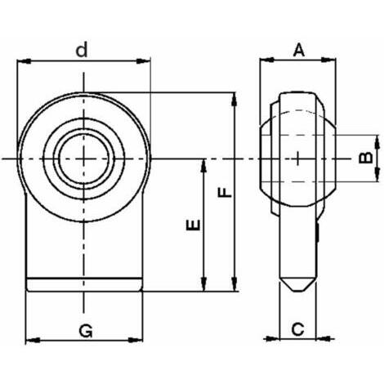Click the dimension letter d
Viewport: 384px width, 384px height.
pyautogui.click(x=82, y=49)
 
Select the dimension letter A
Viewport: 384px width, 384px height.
pyautogui.click(x=299, y=51)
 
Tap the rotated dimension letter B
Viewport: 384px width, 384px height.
pyautogui.click(x=366, y=158)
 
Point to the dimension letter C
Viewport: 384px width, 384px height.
pyautogui.click(x=297, y=329)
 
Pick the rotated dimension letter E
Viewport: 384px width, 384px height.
pyautogui.click(x=193, y=225)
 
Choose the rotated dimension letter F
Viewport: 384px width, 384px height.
pyautogui.click(x=225, y=192)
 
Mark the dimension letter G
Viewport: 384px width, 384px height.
pyautogui.click(x=86, y=331)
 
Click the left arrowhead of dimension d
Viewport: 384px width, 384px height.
pyautogui.click(x=24, y=61)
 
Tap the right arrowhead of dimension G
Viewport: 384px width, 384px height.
pyautogui.click(x=136, y=340)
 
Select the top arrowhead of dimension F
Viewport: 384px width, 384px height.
pyautogui.click(x=234, y=100)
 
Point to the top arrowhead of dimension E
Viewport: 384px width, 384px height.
pyautogui.click(x=203, y=165)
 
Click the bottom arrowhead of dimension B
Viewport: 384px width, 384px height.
pyautogui.click(x=377, y=174)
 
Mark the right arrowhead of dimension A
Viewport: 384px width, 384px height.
pyautogui.click(x=328, y=60)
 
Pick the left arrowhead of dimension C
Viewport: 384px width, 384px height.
pyautogui.click(x=273, y=339)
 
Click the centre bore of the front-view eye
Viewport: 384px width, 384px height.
pyautogui.click(x=83, y=159)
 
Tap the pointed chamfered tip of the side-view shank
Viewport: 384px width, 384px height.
pyautogui.click(x=298, y=285)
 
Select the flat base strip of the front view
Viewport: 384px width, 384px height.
pyautogui.click(x=84, y=285)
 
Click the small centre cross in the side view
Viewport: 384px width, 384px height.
pyautogui.click(x=298, y=159)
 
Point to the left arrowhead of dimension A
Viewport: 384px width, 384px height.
pyautogui.click(x=267, y=60)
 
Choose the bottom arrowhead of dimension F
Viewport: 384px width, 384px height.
pyautogui.click(x=234, y=284)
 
